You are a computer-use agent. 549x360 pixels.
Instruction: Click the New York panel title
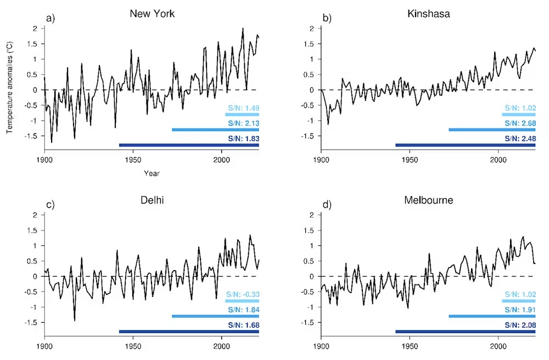(x=152, y=14)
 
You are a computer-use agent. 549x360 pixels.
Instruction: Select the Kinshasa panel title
(x=429, y=14)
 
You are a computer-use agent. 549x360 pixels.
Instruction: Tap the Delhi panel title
(x=152, y=200)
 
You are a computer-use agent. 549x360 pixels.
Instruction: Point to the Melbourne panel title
(x=429, y=200)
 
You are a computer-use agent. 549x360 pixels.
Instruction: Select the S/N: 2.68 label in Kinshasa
(x=519, y=122)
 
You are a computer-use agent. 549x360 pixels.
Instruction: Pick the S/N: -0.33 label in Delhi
(x=242, y=294)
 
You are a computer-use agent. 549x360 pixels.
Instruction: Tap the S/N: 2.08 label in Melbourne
(x=519, y=324)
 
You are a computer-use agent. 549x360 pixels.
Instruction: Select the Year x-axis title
(x=152, y=173)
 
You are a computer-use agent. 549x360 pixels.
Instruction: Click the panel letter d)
(x=328, y=204)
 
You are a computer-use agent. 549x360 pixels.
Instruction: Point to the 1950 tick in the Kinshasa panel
(x=410, y=160)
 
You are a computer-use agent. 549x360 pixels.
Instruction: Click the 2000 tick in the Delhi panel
(x=221, y=347)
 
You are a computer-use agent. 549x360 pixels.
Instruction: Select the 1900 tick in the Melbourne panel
(x=322, y=347)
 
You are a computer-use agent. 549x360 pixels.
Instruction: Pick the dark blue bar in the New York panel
(x=189, y=145)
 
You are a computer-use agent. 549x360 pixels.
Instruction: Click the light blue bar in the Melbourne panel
(x=519, y=301)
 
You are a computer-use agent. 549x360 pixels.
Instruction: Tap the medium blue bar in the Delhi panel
(x=215, y=316)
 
